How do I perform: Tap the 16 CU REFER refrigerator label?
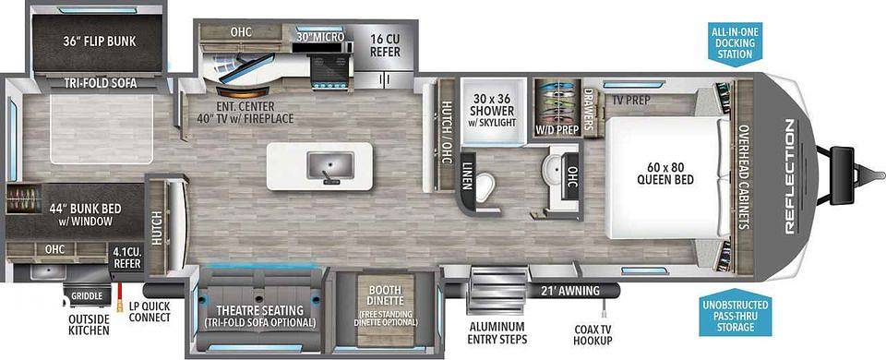pos(386,46)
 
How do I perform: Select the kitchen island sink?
pos(330,165)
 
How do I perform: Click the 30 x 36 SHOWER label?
pos(489,104)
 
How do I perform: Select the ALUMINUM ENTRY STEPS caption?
pos(497,333)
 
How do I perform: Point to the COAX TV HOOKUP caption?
pos(593,334)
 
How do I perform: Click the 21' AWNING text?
pos(570,291)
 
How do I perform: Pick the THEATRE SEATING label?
pos(259,310)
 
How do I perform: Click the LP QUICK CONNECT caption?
pos(150,311)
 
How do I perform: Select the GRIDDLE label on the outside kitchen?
pos(88,295)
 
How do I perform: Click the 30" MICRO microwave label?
pos(320,37)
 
